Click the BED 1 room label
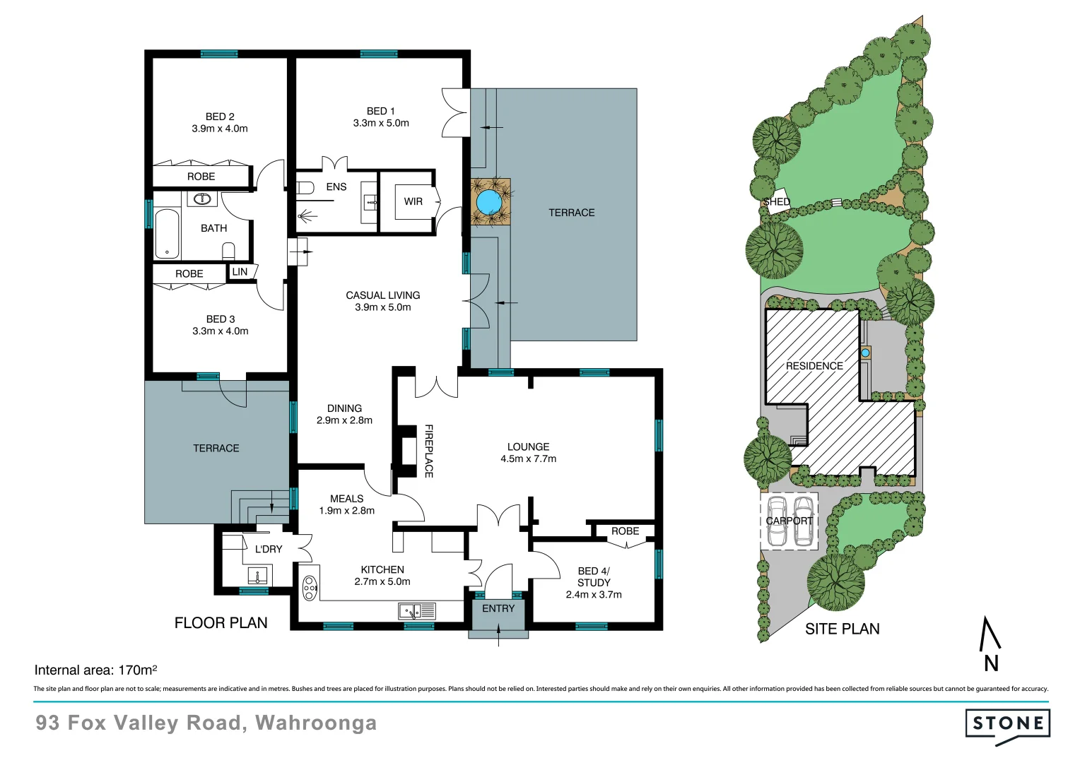click(381, 111)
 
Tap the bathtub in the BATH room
click(168, 234)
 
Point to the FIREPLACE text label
click(428, 451)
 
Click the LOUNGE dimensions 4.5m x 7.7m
click(528, 459)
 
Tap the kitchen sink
click(417, 610)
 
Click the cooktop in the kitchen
click(310, 588)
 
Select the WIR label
click(413, 201)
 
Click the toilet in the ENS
click(305, 188)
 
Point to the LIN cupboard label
click(240, 272)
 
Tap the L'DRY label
click(269, 549)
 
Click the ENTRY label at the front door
click(498, 608)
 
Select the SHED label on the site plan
click(776, 202)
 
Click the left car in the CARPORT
click(777, 522)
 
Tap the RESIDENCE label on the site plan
click(814, 366)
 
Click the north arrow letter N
click(991, 663)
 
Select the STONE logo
click(1007, 723)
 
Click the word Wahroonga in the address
click(316, 723)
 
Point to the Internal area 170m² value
click(138, 670)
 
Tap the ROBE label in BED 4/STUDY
click(625, 531)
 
